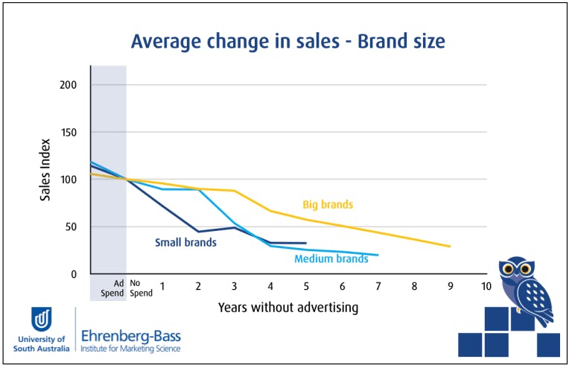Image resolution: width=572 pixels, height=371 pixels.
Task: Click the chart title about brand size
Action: [287, 41]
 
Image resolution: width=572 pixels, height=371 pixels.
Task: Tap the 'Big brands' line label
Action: [328, 204]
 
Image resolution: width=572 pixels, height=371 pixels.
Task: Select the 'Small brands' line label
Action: [185, 242]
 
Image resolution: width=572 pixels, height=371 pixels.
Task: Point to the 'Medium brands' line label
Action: [331, 259]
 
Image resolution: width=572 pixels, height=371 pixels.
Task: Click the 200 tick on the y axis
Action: [69, 85]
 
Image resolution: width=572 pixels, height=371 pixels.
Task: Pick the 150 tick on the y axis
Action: [69, 133]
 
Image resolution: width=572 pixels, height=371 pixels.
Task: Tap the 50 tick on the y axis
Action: [71, 227]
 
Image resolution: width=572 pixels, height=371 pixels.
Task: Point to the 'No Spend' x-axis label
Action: [141, 288]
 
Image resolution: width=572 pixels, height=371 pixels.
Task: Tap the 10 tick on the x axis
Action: [486, 286]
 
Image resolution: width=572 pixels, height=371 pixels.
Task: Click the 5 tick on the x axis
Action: [305, 286]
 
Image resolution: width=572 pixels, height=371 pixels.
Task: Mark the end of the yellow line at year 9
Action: [450, 246]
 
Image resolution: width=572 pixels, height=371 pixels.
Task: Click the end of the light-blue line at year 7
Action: [378, 255]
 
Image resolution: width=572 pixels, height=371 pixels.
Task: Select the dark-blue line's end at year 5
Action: [306, 243]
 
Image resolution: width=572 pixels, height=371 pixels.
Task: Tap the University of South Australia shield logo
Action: [41, 320]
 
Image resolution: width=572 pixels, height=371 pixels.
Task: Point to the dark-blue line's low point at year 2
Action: [197, 231]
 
